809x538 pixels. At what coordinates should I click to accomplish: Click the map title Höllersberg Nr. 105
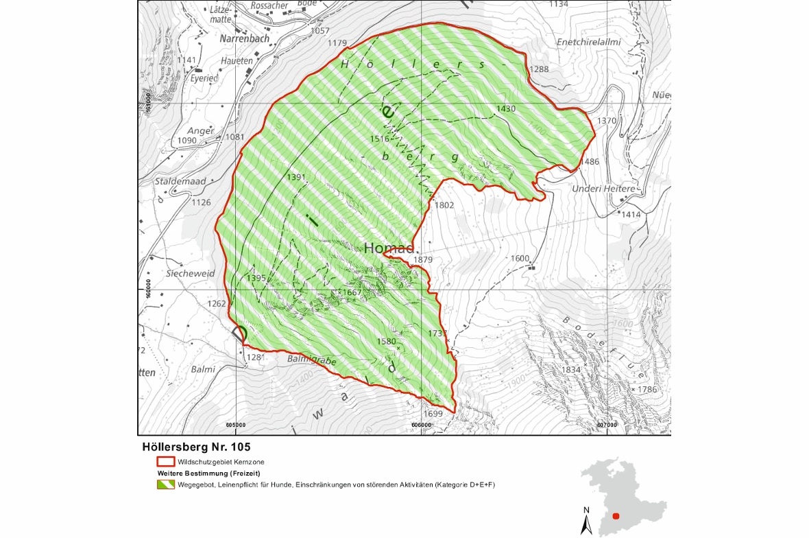(x=192, y=446)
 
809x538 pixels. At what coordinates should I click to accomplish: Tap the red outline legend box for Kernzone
(x=165, y=463)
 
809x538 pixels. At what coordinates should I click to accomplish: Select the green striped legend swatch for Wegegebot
(x=165, y=485)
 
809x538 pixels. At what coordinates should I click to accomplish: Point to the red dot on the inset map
(x=616, y=516)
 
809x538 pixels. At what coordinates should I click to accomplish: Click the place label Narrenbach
(x=244, y=40)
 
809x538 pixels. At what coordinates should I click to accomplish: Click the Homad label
(x=389, y=248)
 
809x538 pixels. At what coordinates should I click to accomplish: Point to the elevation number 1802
(x=444, y=205)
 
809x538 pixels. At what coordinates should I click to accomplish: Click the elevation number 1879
(x=423, y=259)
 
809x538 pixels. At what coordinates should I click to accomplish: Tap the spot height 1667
(x=352, y=292)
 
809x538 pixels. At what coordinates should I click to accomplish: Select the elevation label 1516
(x=380, y=139)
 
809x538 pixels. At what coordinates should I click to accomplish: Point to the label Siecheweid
(x=190, y=273)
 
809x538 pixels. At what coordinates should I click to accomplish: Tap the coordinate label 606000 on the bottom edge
(x=422, y=425)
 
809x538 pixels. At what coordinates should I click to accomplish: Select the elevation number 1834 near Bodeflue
(x=571, y=370)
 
